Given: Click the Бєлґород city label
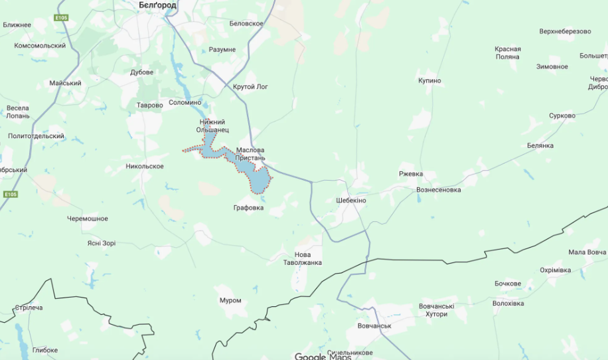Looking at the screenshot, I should [x=157, y=5].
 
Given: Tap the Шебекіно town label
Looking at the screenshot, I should [x=351, y=201].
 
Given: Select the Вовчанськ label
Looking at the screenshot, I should [x=374, y=326].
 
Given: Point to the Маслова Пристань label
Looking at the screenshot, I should [x=250, y=154].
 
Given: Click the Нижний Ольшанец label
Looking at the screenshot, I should [x=212, y=126].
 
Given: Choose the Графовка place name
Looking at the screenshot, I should [x=248, y=208].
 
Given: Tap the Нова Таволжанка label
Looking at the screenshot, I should [x=308, y=258].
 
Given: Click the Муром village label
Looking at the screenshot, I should [x=230, y=300].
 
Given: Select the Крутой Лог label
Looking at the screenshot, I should [x=251, y=87].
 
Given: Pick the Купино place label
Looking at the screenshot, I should [x=429, y=81].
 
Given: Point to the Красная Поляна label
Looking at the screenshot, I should [x=508, y=53].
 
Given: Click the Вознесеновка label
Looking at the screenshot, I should [x=438, y=190].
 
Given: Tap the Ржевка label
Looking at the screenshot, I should [x=411, y=174].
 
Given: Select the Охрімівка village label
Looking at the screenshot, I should [x=555, y=270].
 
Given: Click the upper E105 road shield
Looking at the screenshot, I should [x=62, y=17].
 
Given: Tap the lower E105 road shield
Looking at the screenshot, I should [x=9, y=195].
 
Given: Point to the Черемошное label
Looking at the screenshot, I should [x=87, y=219].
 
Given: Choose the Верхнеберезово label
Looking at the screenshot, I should [x=565, y=31].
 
